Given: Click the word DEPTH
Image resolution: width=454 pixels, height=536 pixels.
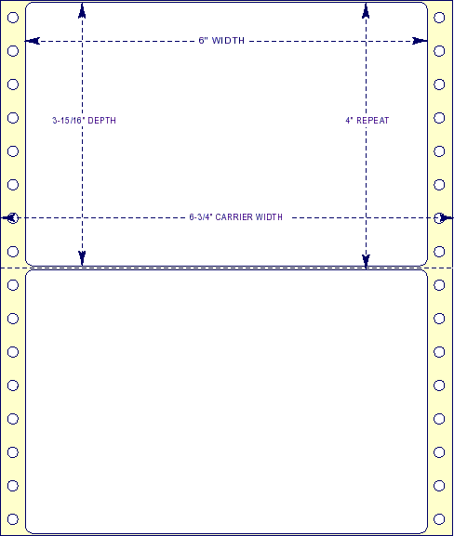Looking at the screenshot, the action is pos(102,121).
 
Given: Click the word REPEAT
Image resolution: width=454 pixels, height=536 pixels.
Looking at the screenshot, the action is pos(373,121).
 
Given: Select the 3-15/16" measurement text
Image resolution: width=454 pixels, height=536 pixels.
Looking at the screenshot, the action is pos(69,121).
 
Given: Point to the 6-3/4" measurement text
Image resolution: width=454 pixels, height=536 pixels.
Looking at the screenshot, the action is pos(201,217).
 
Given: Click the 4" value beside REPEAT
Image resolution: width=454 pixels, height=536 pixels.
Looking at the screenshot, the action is pos(349,121).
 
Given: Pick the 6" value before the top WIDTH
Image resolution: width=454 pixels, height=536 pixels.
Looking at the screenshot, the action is pos(204,40).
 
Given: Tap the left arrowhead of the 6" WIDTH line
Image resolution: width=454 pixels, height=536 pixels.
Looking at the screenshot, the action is pos(33,41).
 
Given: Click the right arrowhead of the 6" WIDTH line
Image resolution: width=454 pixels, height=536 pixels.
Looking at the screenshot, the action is pos(420,41).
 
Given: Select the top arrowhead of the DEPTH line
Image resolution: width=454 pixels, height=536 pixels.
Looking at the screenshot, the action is pos(82,10).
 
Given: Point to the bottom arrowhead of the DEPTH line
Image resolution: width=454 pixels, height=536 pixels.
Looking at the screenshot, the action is pos(82,258).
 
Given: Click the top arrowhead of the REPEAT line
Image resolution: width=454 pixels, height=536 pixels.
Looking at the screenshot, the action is pos(366,10).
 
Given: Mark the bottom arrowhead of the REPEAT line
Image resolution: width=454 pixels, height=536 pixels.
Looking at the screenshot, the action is pos(366,262).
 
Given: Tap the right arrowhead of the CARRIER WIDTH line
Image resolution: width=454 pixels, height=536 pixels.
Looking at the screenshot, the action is pos(447,217).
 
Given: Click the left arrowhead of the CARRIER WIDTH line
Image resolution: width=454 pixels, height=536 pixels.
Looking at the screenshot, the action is pos(8,217).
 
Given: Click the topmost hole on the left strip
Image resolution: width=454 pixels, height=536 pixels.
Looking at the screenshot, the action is pos(13,18).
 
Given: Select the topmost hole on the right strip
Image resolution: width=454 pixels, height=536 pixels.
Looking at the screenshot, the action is pos(439,18).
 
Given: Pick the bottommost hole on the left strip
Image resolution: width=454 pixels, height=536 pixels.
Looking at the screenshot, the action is pos(13,519).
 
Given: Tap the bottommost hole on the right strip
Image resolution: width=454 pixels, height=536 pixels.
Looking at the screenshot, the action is pos(439,519).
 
